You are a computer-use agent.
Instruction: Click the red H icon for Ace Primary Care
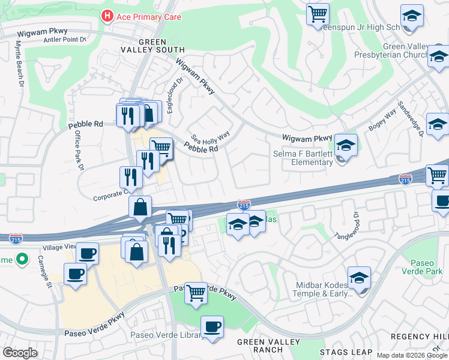(107, 16)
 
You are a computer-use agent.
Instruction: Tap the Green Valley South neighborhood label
(161, 46)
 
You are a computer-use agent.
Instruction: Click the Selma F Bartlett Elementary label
(311, 158)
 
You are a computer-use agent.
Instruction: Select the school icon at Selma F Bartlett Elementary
(346, 145)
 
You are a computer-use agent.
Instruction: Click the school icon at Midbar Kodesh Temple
(359, 278)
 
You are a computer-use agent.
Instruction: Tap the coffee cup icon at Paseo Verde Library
(212, 327)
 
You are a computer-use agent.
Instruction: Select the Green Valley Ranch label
(259, 346)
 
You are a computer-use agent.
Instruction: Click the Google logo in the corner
(20, 353)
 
